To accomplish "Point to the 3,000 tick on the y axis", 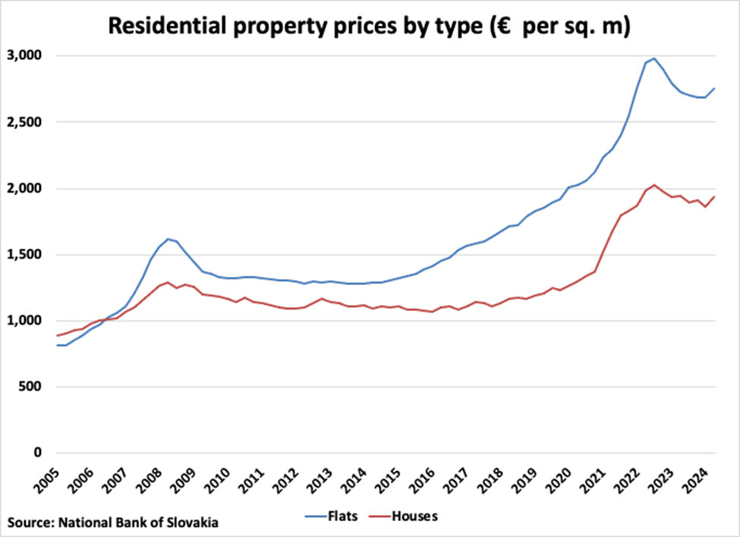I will tap(27, 56).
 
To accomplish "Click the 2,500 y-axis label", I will tap(27, 122).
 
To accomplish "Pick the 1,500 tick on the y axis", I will tap(27, 255).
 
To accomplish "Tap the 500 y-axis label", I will tap(31, 387).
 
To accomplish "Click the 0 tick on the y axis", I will tap(38, 453).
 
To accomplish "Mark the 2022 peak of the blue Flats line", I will tap(653, 58).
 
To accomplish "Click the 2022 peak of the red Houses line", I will tap(654, 185).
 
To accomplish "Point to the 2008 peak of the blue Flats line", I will tap(168, 239).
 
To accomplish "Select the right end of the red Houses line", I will tap(714, 196).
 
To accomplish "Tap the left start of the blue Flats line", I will tap(57, 345).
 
